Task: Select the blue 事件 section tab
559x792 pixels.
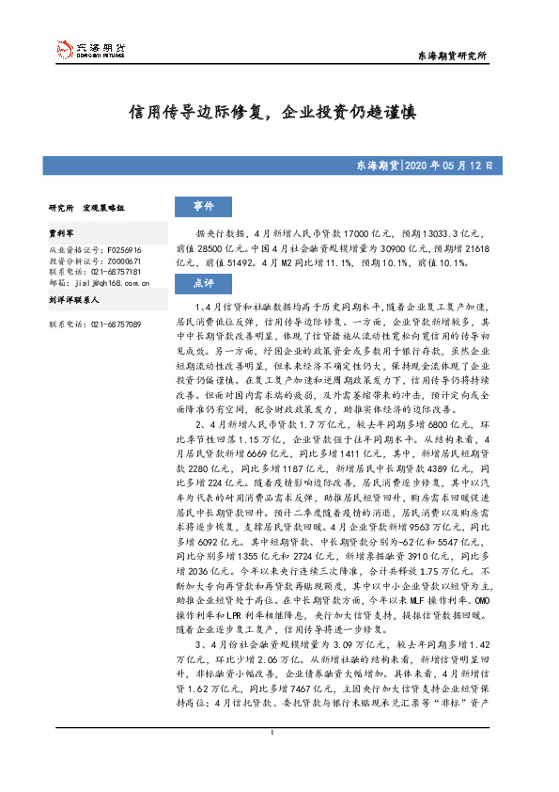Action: [203, 207]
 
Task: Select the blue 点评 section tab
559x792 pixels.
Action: [203, 282]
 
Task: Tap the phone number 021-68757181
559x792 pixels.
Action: [116, 270]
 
